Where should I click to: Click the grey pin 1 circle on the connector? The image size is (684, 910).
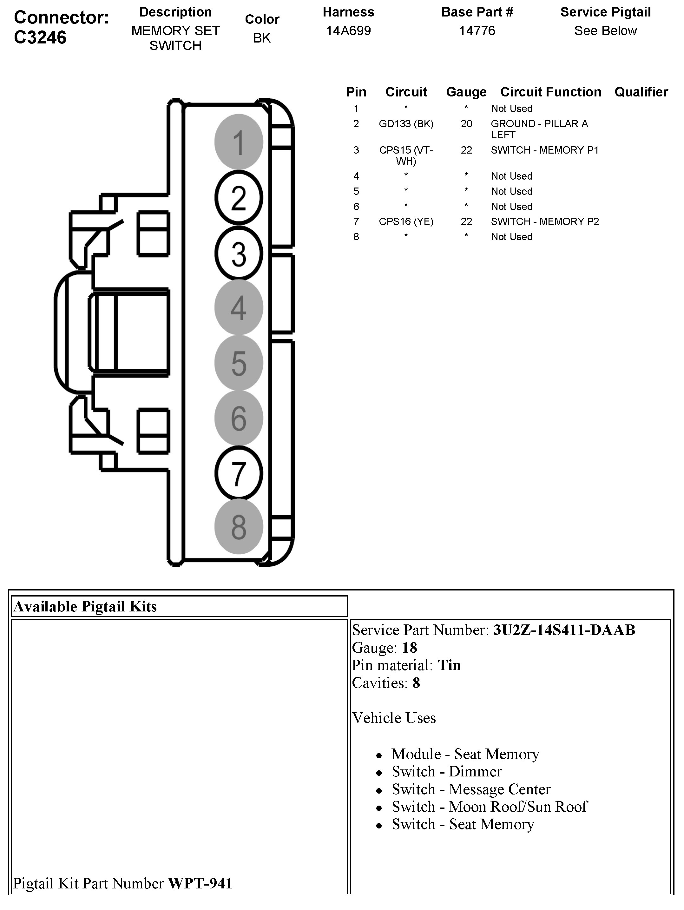tap(239, 142)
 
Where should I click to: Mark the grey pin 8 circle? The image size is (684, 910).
tap(239, 527)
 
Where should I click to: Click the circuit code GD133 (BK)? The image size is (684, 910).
tap(406, 124)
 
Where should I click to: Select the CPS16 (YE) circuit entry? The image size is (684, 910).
tap(406, 222)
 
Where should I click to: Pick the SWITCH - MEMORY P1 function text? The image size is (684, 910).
tap(545, 150)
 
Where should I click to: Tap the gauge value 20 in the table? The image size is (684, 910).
tap(466, 124)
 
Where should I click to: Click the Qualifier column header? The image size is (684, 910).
tap(641, 92)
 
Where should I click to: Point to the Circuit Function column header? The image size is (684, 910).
tap(550, 92)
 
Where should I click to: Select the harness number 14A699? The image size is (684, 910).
tap(348, 31)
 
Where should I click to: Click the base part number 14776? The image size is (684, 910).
tap(477, 31)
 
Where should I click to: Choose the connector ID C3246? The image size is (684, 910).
tap(40, 37)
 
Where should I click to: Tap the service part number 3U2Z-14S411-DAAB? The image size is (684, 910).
tap(564, 630)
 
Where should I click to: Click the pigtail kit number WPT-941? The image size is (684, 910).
tap(200, 883)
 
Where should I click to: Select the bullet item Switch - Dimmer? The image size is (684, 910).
tap(447, 771)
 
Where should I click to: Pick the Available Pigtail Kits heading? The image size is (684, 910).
tap(85, 606)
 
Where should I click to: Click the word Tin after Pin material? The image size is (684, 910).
tap(449, 665)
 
